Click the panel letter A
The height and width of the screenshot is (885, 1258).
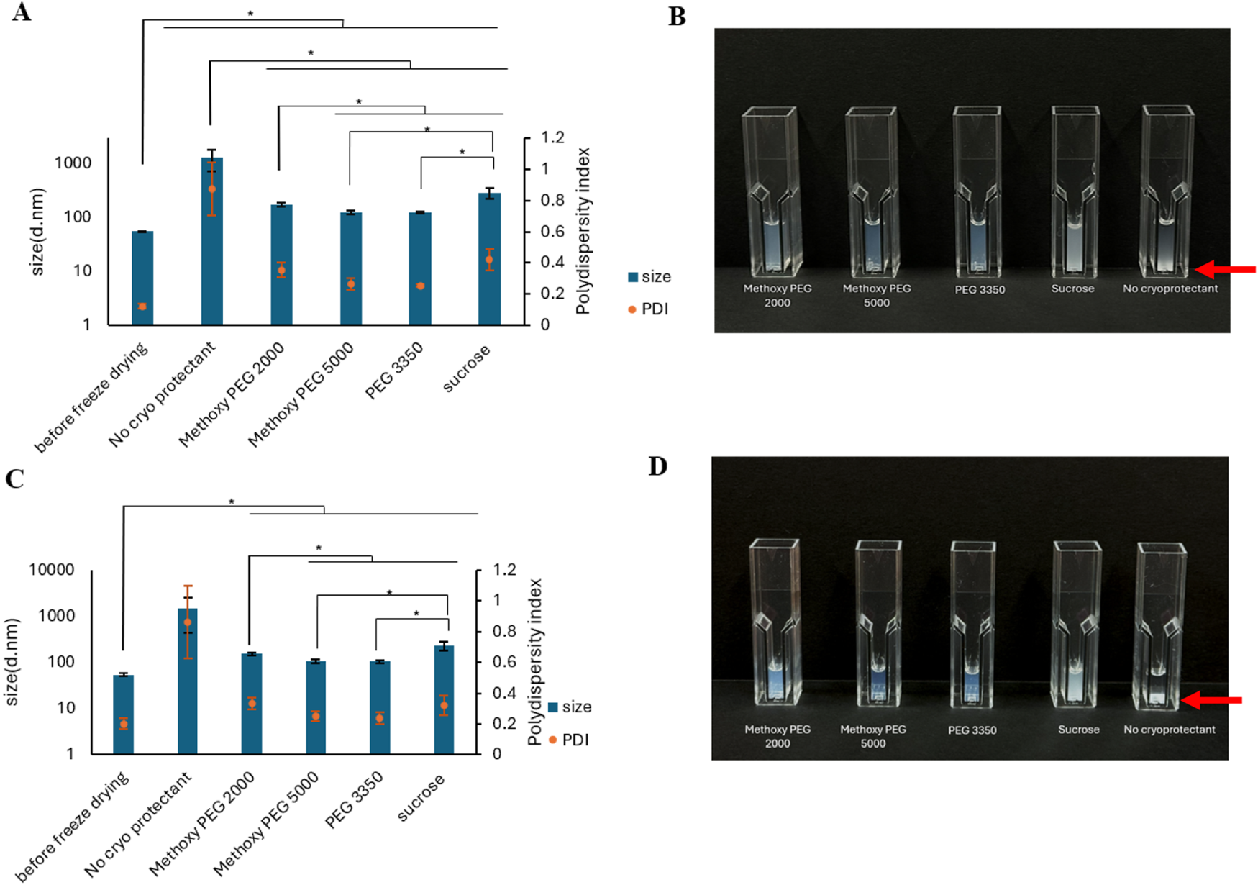(x=21, y=12)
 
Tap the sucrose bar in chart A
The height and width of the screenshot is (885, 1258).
(x=490, y=259)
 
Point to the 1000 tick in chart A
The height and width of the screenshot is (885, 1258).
(x=73, y=163)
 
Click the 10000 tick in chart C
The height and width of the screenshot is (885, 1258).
(x=52, y=570)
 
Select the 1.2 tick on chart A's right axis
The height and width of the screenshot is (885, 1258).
(x=553, y=137)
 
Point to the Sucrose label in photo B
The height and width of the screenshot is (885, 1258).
(x=1072, y=289)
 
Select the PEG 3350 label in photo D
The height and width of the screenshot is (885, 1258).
(x=972, y=730)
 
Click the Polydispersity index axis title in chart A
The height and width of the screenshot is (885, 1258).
(x=583, y=231)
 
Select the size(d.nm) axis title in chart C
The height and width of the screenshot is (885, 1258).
(x=12, y=662)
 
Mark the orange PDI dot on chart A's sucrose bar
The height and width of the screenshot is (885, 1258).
(x=490, y=260)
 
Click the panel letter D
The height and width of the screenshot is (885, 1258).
(x=657, y=466)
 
